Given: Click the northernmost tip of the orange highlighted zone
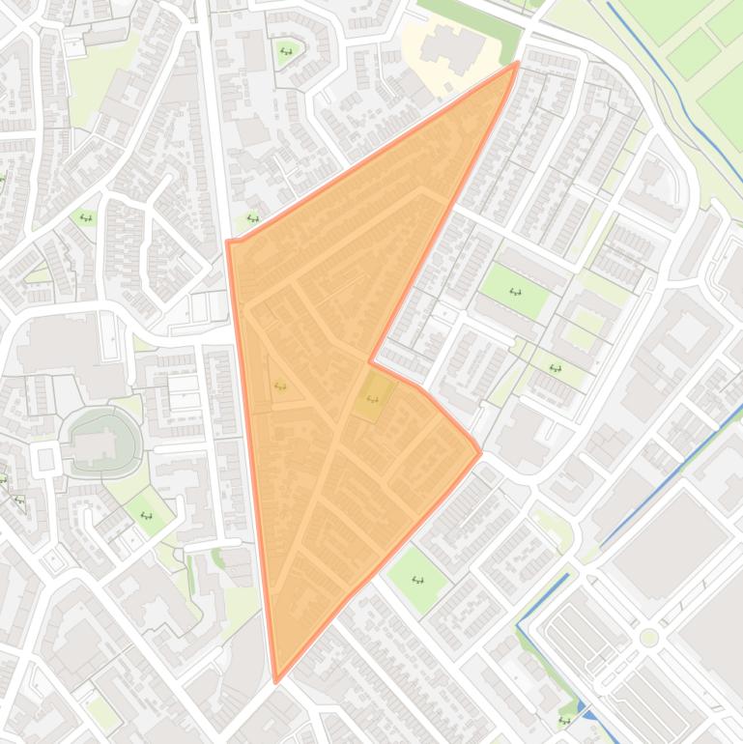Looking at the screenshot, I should [517, 64].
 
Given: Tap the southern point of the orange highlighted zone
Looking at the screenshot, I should [277, 680].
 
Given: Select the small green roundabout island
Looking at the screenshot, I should [649, 637].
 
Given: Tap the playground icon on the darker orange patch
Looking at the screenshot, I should [373, 398].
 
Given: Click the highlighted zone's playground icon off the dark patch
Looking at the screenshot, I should [280, 386].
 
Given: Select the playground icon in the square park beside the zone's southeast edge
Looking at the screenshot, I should [418, 580].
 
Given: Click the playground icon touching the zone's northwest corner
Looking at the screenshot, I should [252, 218].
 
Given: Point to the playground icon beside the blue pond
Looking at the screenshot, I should [564, 720].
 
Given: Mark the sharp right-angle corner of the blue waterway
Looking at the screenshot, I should [518, 626].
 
